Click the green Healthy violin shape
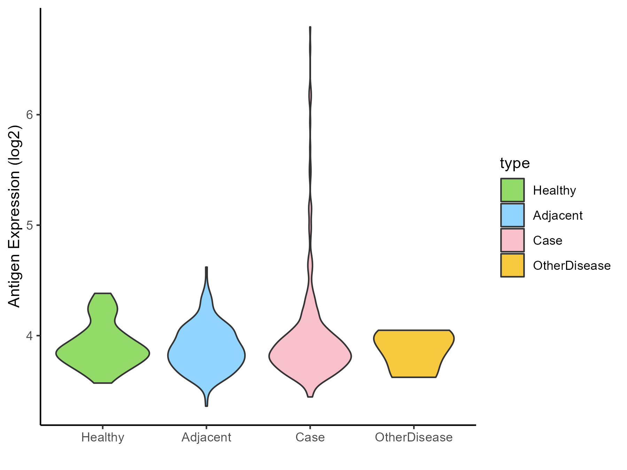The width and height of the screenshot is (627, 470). tap(103, 352)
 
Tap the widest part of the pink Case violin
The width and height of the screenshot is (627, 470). tap(310, 356)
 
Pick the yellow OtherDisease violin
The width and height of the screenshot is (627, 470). tap(414, 352)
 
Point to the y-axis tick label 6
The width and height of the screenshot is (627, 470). tap(29, 115)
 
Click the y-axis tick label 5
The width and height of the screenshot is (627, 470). tap(29, 225)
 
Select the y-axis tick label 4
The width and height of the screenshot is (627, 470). tap(29, 336)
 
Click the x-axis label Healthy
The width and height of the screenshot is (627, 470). tap(103, 437)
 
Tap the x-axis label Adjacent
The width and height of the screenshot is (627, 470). tap(207, 437)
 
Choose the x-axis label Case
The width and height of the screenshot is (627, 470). tap(310, 437)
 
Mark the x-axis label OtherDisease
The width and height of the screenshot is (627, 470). tap(414, 437)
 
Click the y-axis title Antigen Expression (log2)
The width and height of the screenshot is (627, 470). tap(15, 216)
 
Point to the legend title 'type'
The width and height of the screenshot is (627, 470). tap(515, 163)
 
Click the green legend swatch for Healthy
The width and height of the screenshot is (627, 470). tap(512, 190)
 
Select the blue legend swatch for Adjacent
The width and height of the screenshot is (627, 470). tap(512, 215)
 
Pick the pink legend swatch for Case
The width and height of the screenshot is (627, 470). tap(512, 240)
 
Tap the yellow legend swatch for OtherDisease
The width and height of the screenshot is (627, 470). tap(512, 265)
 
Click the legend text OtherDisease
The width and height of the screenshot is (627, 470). tap(572, 266)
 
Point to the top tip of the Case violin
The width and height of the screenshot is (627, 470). tap(310, 28)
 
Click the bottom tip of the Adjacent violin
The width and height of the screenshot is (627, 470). tap(207, 405)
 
